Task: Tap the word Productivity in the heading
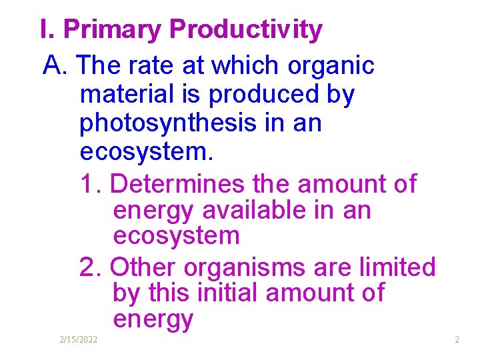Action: pyautogui.click(x=246, y=30)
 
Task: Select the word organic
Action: pyautogui.click(x=331, y=66)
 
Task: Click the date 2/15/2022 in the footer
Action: pyautogui.click(x=78, y=340)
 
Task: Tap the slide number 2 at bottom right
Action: pyautogui.click(x=457, y=340)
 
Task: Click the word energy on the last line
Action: pyautogui.click(x=153, y=319)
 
